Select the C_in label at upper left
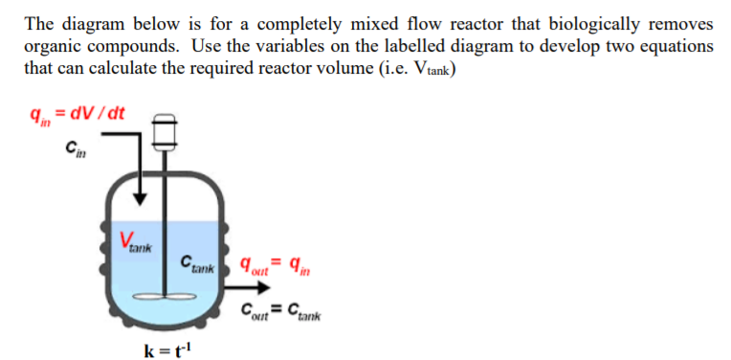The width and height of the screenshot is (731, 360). [x=73, y=146]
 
